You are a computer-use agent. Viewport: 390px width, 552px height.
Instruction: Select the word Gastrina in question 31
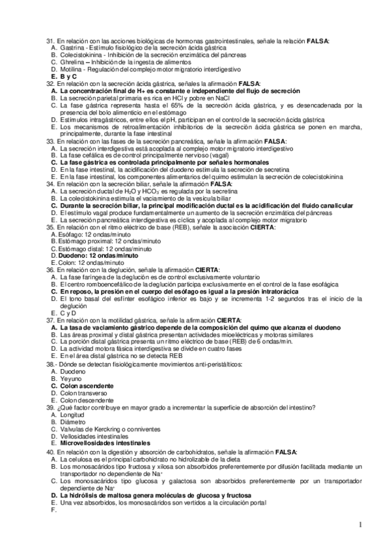pyautogui.click(x=70, y=48)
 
